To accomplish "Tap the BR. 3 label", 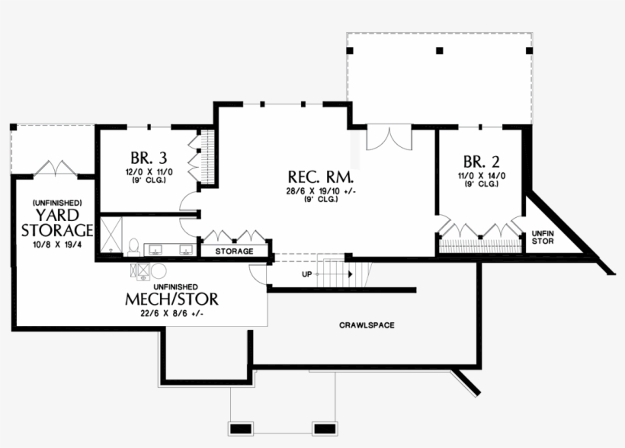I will coord(149,158).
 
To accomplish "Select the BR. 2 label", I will coord(481,162).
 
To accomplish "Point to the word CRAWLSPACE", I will coord(367,325).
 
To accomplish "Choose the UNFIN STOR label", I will coord(543,237).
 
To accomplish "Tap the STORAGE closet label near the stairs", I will coord(234,251).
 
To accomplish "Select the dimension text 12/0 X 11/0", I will coord(149,172).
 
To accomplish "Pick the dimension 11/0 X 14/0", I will coord(481,175).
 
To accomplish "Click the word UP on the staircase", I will coord(306,274).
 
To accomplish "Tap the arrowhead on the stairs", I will coord(349,274).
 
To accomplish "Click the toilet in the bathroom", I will coord(133,247).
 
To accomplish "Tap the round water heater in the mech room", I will coord(159,271).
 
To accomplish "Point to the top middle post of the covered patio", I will coord(439,51).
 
